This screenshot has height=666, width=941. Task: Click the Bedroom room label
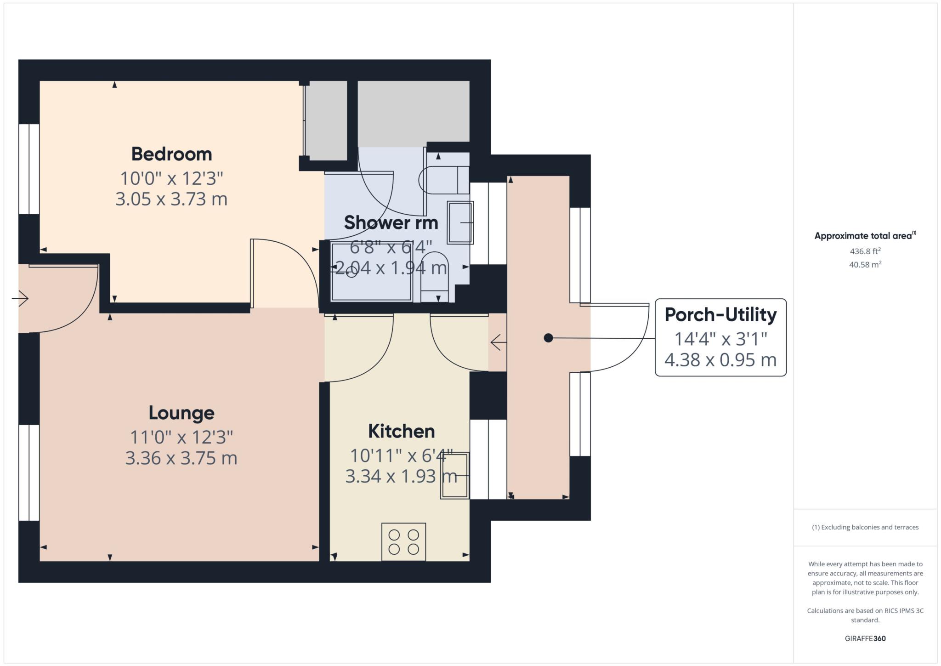pos(171,154)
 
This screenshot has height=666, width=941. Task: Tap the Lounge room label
pos(181,413)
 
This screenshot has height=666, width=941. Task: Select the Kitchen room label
pos(402,431)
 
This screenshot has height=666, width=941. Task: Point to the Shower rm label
pos(391,222)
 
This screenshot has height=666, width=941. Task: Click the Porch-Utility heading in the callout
pos(720,315)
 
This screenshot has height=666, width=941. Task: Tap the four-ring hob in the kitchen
pos(404,541)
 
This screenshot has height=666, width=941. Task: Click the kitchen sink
pos(455,476)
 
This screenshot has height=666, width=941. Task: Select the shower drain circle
pos(351,273)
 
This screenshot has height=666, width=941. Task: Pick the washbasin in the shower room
pos(460,222)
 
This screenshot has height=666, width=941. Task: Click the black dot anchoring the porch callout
pos(548,338)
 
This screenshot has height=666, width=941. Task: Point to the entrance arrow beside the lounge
pos(20,299)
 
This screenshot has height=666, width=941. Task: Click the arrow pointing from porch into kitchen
pos(499,342)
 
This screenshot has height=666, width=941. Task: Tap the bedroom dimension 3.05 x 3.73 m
pos(171,199)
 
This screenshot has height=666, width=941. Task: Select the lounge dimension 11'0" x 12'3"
pos(181,437)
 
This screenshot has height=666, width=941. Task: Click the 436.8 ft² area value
pos(865,251)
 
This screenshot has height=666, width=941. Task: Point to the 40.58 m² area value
pos(865,264)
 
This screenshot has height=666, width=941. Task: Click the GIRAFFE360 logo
pos(865,638)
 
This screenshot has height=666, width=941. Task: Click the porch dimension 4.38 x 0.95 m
pos(720,360)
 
